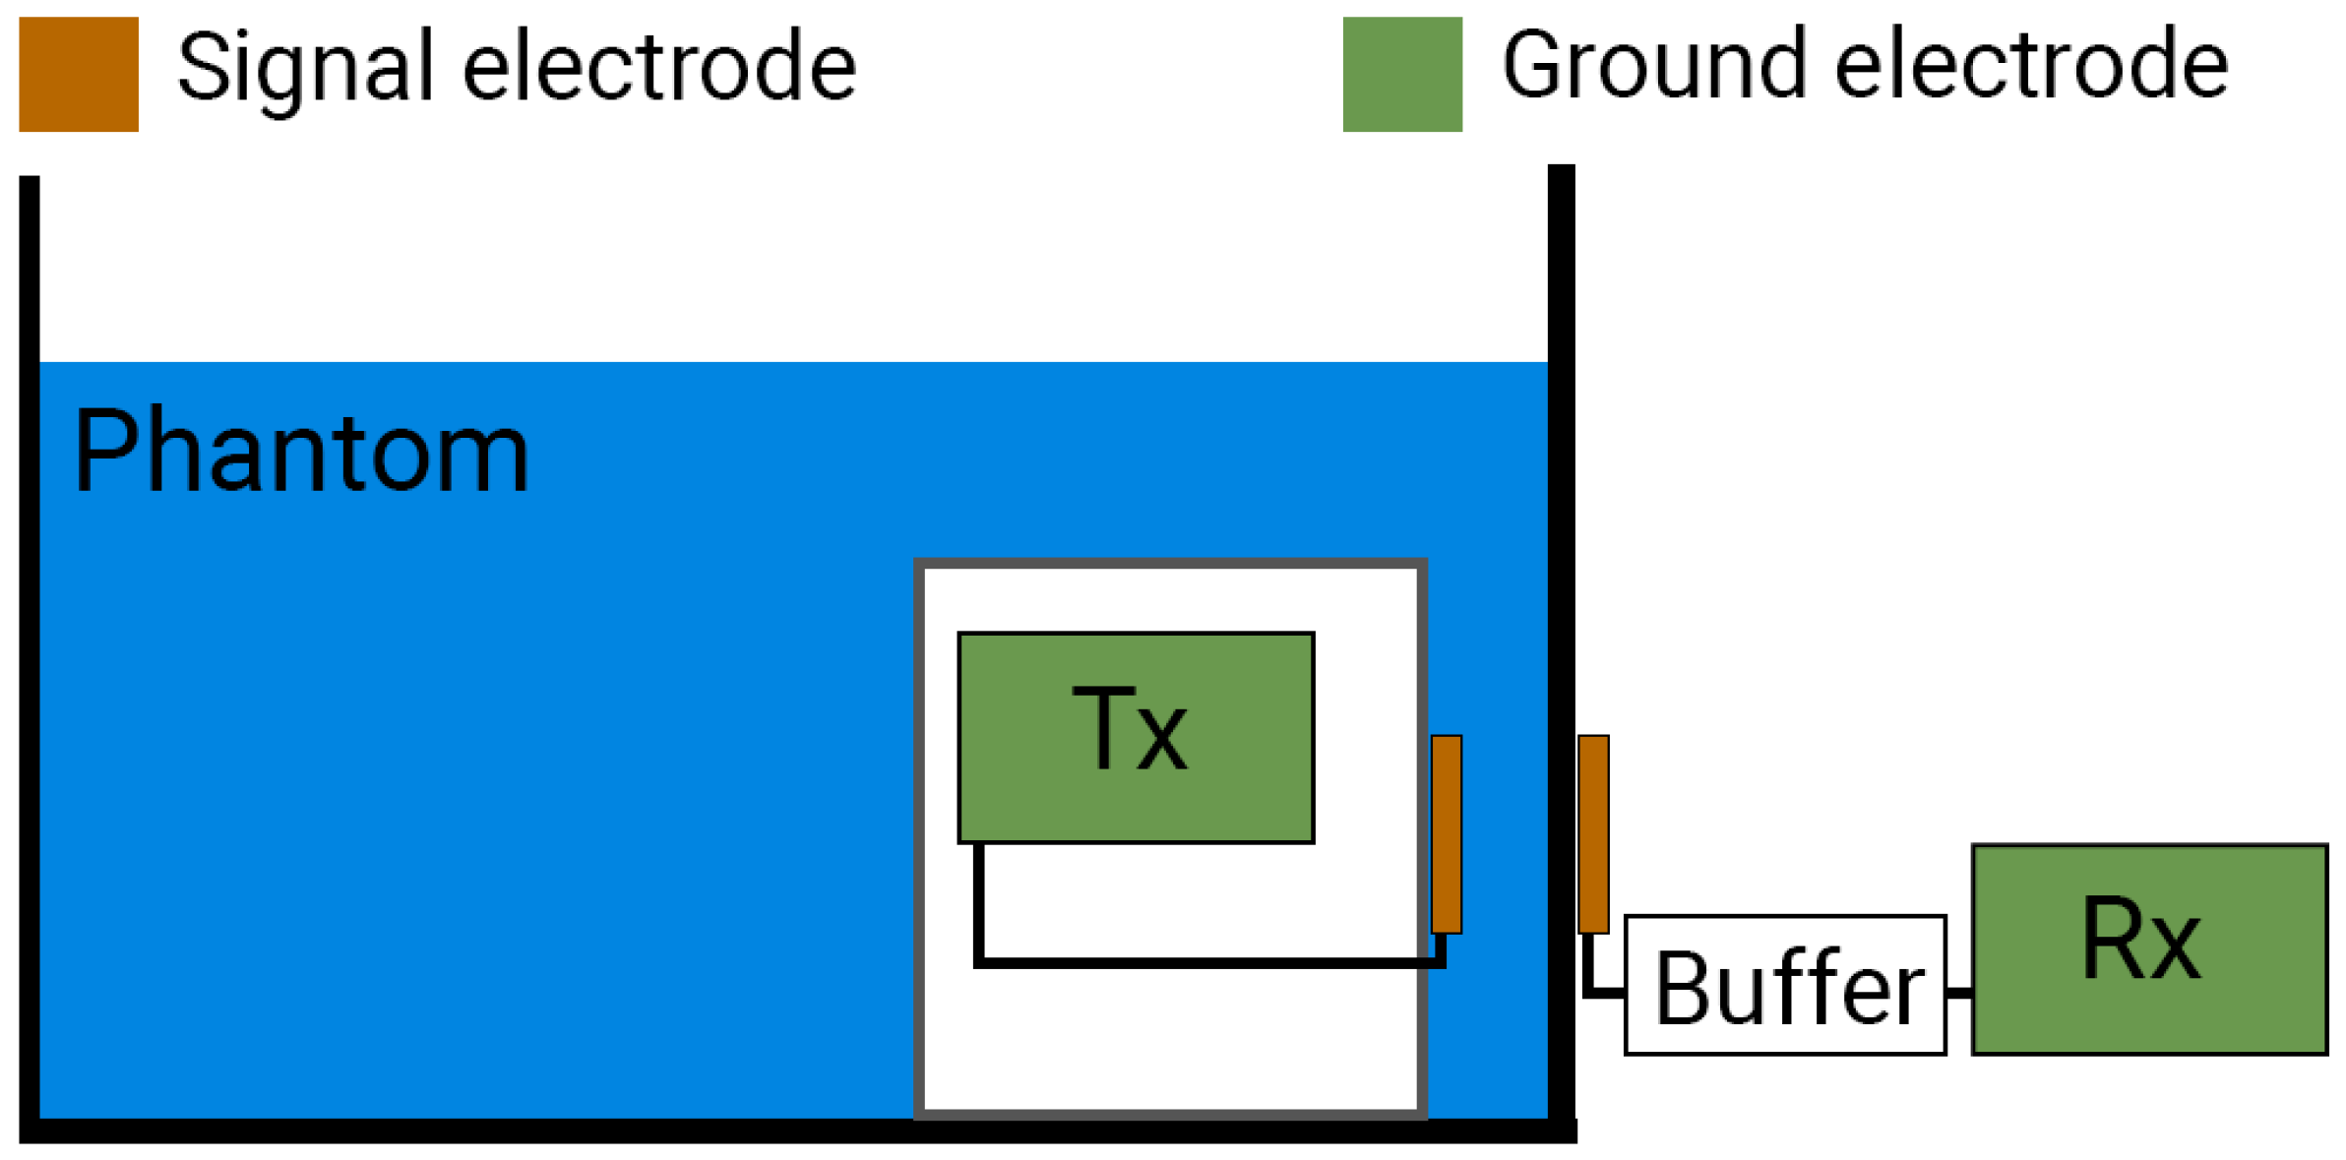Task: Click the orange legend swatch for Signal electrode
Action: pos(79,74)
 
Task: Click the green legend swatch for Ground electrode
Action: pos(1401,74)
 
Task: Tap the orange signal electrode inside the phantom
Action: pos(1446,833)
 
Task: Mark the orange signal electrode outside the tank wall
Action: pos(1593,833)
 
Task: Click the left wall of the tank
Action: pos(30,640)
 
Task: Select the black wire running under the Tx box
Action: pos(1210,961)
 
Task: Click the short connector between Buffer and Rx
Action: pos(1959,992)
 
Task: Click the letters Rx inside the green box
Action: pos(2141,940)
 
